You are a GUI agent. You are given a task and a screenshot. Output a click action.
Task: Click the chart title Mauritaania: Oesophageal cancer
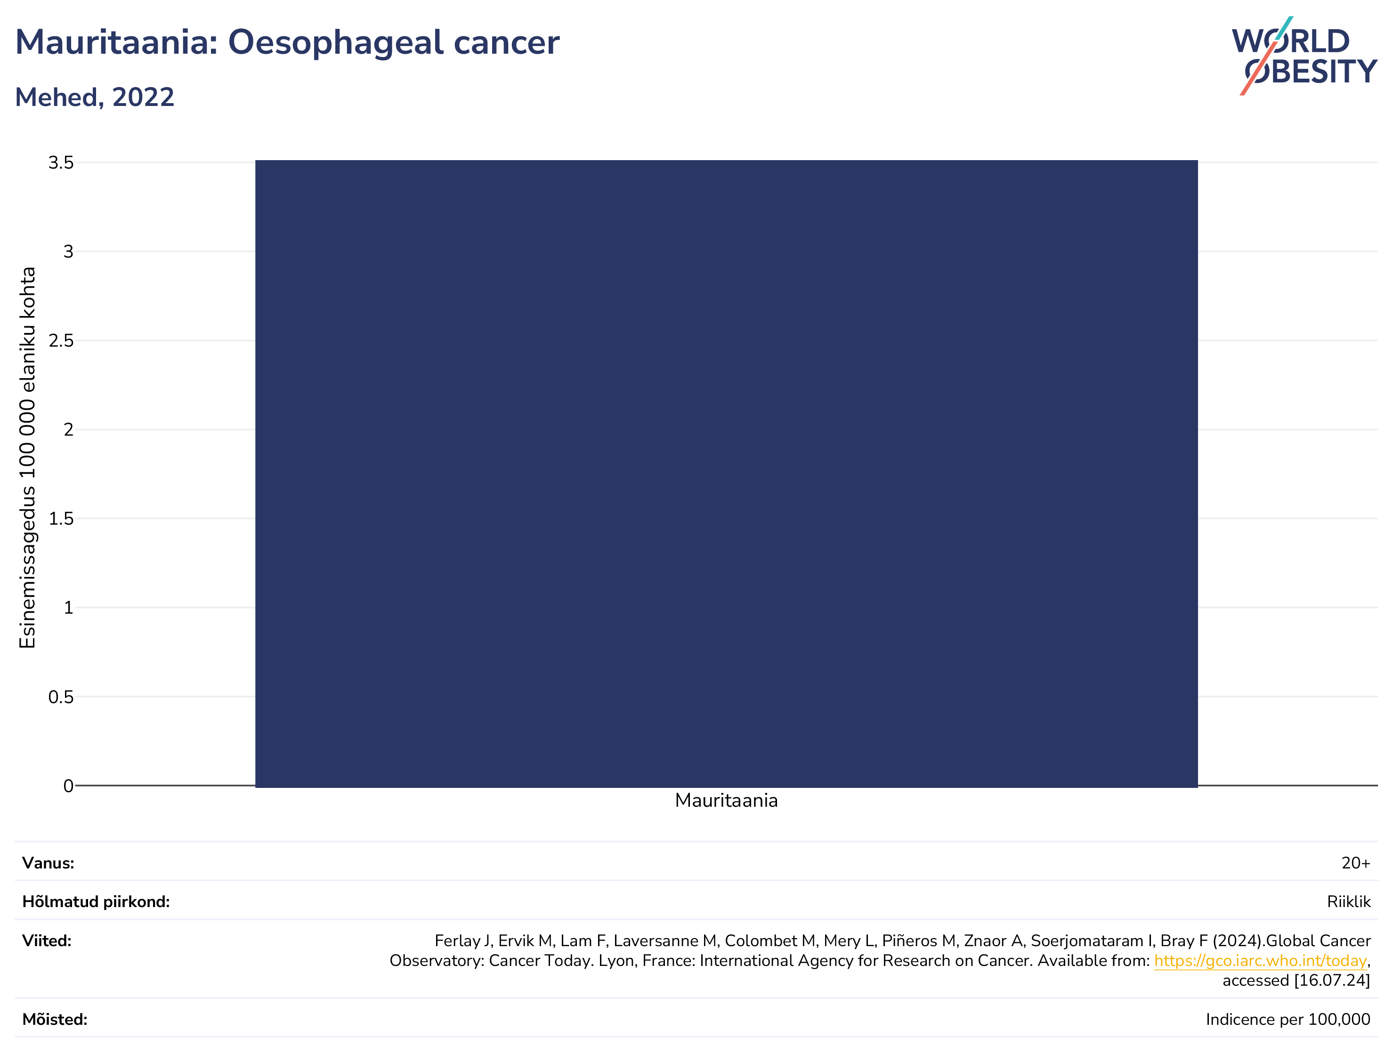pos(287,42)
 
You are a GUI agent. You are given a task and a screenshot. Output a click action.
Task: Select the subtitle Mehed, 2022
pos(95,97)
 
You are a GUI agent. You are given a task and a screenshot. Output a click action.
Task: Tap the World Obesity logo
pos(1304,56)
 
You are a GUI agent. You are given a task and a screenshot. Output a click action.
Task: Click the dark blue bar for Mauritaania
pos(726,473)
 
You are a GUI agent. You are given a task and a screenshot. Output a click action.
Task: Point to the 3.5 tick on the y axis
pos(61,162)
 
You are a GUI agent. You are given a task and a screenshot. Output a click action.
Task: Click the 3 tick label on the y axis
pos(68,251)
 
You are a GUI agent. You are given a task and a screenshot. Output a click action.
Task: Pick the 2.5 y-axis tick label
pos(61,340)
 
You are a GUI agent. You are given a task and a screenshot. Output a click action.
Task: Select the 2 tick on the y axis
pos(68,430)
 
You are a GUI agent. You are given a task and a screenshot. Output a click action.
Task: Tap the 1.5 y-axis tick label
pos(61,519)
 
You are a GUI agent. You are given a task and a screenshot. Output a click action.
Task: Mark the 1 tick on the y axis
pos(68,608)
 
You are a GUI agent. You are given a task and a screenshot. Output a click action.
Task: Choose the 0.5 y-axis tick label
pos(61,697)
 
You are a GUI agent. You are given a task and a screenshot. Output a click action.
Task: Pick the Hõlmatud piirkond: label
pos(96,901)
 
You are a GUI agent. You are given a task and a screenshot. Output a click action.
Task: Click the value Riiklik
pos(1349,901)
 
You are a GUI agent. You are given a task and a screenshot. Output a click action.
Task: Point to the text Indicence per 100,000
pos(1288,1020)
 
